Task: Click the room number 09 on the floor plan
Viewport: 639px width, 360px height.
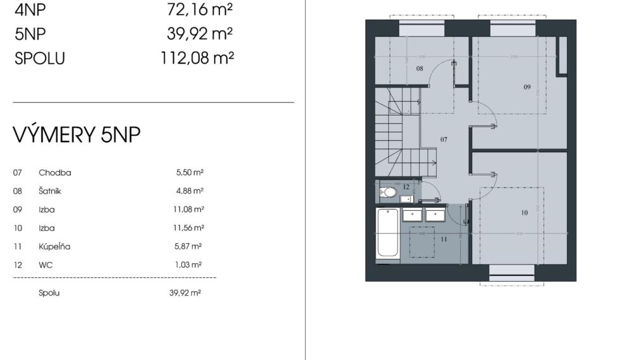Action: (x=526, y=88)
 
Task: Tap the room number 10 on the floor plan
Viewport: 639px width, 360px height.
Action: (x=524, y=213)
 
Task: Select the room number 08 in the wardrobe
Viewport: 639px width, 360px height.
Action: (x=419, y=68)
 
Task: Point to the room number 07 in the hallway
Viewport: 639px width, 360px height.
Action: (x=444, y=139)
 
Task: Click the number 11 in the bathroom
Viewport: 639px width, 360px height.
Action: (x=444, y=239)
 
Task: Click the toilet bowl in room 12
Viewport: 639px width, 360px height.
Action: (x=388, y=192)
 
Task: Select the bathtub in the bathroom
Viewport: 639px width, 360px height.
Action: (x=387, y=233)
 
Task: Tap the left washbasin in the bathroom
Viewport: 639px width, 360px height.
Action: (x=413, y=215)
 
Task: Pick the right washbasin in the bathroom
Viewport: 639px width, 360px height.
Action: (x=435, y=215)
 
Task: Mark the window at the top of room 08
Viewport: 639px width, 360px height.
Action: (x=422, y=29)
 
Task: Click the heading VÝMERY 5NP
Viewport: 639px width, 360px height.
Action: (x=76, y=135)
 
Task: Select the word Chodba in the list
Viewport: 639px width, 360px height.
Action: (x=54, y=172)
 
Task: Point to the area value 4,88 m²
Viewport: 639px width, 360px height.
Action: (x=189, y=191)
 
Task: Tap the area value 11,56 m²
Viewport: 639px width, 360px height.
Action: (x=189, y=228)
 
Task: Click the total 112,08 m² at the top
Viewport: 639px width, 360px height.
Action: (x=197, y=58)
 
